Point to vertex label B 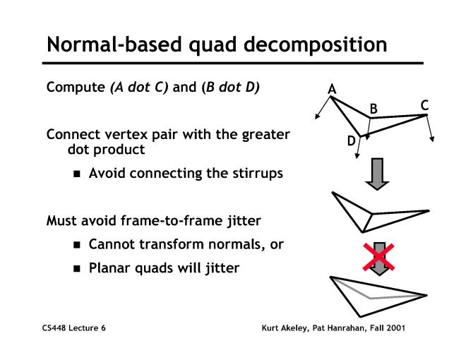coord(375,109)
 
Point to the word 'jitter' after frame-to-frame coord(240,221)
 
